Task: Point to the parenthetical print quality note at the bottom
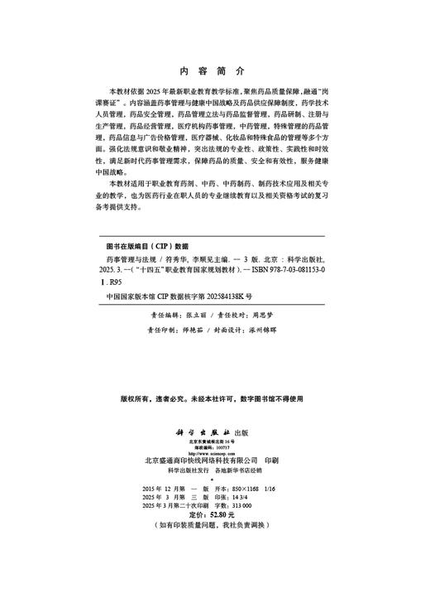pyautogui.click(x=214, y=526)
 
